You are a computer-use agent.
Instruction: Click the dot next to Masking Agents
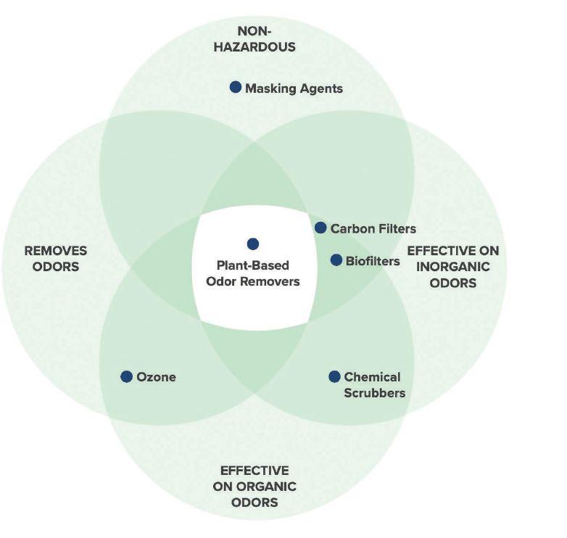pos(236,87)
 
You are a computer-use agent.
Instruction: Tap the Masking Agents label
pos(294,88)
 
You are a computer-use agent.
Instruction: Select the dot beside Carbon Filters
pos(320,228)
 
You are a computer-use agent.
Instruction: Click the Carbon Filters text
pos(373,229)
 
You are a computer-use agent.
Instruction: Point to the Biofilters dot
pos(336,260)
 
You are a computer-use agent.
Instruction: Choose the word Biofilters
pos(373,261)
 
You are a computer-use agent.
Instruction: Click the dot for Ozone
pos(127,376)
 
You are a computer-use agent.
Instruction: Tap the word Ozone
pos(157,377)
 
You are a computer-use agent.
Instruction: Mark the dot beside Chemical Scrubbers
pos(334,376)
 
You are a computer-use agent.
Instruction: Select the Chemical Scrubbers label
pos(373,385)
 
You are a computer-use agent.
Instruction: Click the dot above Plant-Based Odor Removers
pos(252,244)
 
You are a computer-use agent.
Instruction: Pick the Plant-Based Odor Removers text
pos(253,273)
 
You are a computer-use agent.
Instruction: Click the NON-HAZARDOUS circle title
pos(266,39)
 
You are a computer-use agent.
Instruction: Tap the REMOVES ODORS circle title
pos(56,258)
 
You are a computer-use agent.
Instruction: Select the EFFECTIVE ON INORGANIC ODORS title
pos(453,267)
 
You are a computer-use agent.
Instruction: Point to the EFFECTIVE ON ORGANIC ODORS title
pos(254,487)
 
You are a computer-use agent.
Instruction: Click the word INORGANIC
pos(453,267)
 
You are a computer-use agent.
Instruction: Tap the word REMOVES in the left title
pos(56,251)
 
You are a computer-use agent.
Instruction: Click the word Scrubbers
pos(375,393)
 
